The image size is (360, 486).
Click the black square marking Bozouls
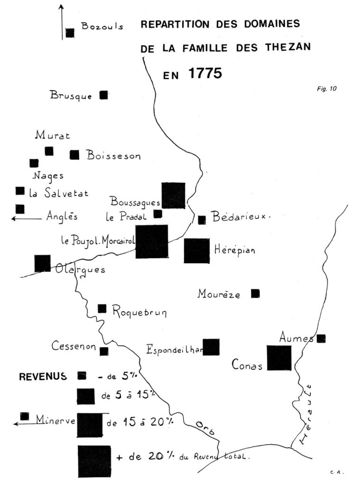click(70, 33)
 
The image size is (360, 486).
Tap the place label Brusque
click(71, 95)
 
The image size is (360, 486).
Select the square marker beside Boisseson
click(74, 155)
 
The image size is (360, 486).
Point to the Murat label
click(52, 136)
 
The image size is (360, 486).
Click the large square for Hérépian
click(197, 251)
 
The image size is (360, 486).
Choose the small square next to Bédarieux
click(202, 220)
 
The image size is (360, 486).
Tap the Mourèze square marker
click(255, 293)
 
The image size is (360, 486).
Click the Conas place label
click(247, 365)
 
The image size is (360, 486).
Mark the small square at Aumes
click(321, 338)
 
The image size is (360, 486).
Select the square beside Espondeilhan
click(211, 347)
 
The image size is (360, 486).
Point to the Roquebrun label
click(139, 312)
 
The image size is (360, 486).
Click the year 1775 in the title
click(204, 74)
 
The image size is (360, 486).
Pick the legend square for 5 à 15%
click(86, 396)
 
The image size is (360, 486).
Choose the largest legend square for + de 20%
click(94, 461)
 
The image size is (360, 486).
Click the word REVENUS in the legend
click(42, 377)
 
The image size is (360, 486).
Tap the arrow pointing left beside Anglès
click(27, 219)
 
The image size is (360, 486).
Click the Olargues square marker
click(42, 263)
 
